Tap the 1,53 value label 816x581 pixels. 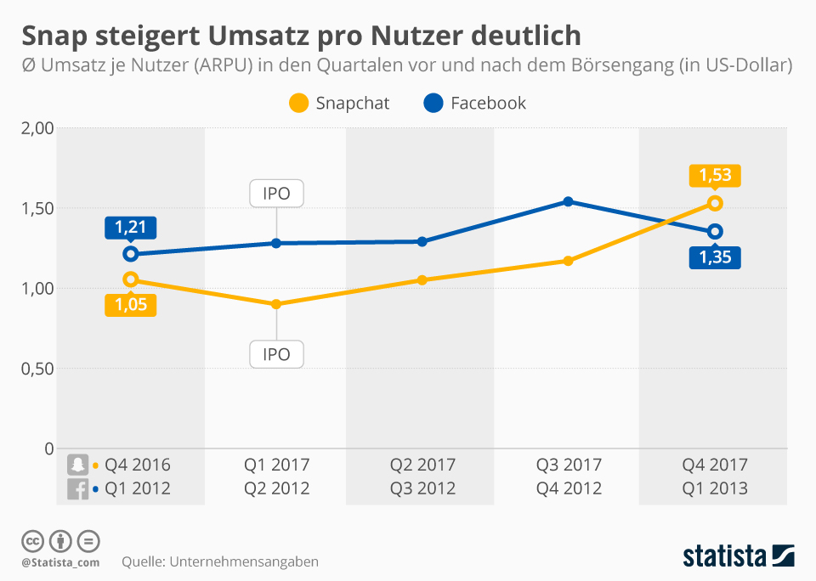[715, 176]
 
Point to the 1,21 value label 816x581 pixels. [131, 228]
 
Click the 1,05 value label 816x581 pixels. [131, 305]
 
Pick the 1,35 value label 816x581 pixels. [715, 257]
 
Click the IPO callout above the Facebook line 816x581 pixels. [276, 194]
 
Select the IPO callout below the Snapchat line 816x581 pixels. [276, 354]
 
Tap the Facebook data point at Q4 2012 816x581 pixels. [569, 201]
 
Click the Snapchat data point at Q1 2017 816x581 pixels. [276, 304]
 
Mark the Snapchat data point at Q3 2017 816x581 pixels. [569, 261]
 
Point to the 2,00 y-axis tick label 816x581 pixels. [37, 128]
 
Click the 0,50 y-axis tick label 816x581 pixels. [37, 369]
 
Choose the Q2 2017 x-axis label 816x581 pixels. [422, 465]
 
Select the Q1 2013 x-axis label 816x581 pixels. [715, 488]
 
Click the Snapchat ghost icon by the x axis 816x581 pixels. [78, 465]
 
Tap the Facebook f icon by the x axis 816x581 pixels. [78, 488]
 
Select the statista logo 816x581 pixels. [738, 556]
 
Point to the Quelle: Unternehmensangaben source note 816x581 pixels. [219, 561]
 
